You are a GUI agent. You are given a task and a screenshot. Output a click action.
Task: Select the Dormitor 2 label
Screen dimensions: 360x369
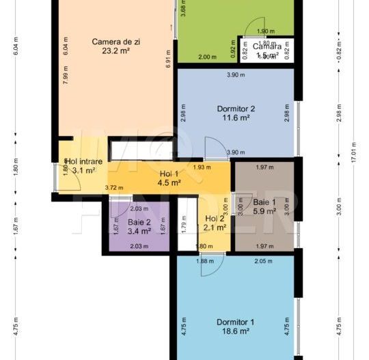[236, 109]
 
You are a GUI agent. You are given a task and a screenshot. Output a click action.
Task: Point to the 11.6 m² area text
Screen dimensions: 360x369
[236, 118]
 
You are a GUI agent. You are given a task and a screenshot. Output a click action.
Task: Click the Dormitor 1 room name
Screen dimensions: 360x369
[235, 322]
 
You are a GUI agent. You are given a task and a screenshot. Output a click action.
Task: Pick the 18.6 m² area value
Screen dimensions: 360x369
[235, 331]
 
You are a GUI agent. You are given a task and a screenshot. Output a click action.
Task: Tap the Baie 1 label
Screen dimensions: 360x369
[264, 202]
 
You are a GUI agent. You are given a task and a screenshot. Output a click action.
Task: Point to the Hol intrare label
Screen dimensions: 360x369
[84, 162]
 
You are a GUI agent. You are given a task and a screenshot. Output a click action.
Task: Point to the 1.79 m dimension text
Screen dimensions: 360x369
[184, 223]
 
